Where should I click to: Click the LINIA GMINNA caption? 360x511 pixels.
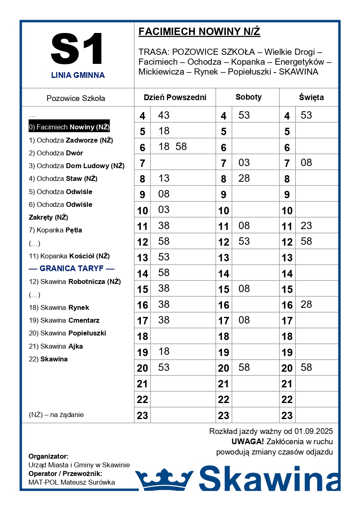78,75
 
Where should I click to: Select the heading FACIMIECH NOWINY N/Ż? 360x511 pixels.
199,32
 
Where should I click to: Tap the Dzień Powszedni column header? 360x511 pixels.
175,98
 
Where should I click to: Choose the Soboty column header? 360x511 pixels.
248,97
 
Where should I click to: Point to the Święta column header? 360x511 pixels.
311,98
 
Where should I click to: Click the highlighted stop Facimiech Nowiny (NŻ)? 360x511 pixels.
69,127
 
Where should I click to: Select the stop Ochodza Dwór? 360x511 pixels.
56,153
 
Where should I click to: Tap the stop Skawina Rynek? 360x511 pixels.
59,307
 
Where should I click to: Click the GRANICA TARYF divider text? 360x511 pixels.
72,269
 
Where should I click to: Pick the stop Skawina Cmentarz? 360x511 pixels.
64,320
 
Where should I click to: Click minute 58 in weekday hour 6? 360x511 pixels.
181,147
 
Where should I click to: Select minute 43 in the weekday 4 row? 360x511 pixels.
164,115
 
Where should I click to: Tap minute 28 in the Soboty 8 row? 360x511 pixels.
244,178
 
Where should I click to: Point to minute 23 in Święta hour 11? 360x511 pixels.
306,225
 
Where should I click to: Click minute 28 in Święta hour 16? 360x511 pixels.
306,305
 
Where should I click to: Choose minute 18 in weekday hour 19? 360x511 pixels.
164,352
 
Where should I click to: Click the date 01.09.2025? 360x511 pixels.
313,431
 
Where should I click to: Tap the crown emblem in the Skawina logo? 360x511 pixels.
164,480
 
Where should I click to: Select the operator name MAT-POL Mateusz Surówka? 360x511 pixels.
72,482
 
